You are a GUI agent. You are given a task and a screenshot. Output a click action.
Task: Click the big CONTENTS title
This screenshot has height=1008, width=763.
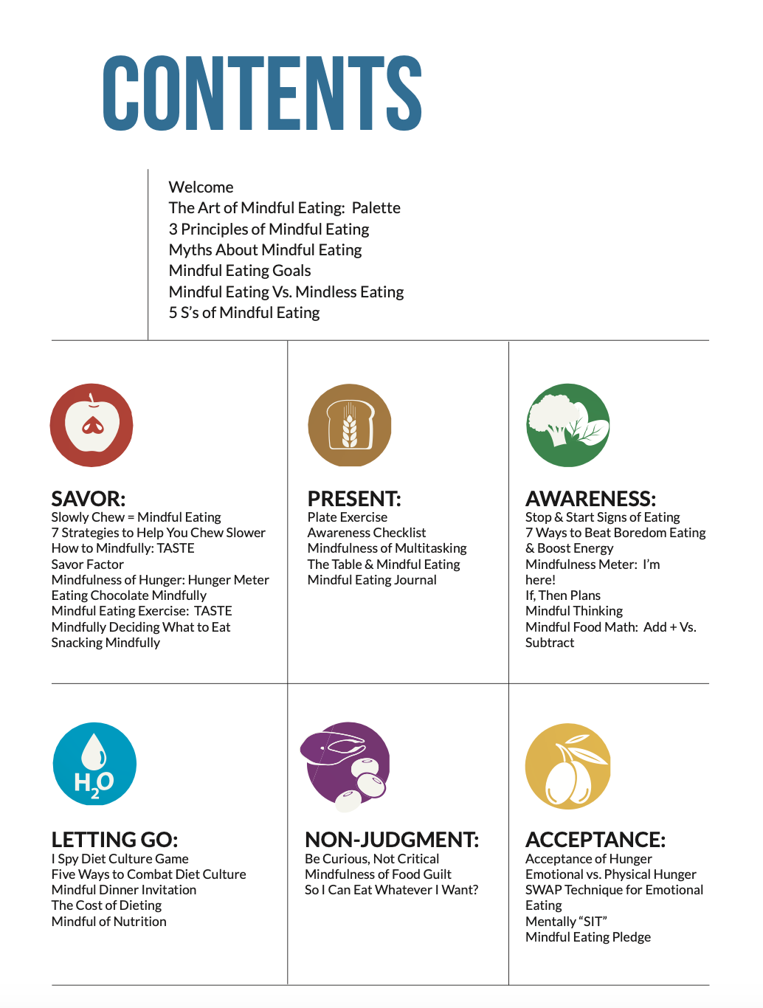pyautogui.click(x=262, y=94)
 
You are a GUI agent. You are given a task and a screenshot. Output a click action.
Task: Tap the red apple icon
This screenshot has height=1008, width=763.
pyautogui.click(x=92, y=425)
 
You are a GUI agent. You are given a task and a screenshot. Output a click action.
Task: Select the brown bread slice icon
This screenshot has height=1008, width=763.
pyautogui.click(x=349, y=425)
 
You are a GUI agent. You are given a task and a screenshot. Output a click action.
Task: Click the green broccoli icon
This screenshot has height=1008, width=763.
pyautogui.click(x=567, y=425)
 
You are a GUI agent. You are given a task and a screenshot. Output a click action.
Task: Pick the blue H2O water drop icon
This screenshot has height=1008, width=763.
pyautogui.click(x=94, y=764)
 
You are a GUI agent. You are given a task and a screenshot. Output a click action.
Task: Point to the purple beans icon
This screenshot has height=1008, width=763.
pyautogui.click(x=346, y=766)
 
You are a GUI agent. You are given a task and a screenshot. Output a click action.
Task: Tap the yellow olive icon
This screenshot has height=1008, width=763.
pyautogui.click(x=567, y=766)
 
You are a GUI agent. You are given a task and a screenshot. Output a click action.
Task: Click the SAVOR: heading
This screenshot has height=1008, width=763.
pyautogui.click(x=89, y=499)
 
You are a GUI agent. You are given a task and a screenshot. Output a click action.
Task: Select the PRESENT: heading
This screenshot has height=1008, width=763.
pyautogui.click(x=354, y=499)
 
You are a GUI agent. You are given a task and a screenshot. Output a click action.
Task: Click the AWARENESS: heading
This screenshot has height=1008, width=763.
pyautogui.click(x=590, y=499)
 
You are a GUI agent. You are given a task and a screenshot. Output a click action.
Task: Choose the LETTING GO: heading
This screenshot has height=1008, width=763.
pyautogui.click(x=114, y=840)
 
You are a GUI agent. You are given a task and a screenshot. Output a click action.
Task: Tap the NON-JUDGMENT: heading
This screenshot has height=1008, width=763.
pyautogui.click(x=392, y=840)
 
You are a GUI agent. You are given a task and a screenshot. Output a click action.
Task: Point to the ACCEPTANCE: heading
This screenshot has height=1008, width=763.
pyautogui.click(x=595, y=840)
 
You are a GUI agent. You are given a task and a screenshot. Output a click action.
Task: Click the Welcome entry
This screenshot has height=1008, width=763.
pyautogui.click(x=201, y=187)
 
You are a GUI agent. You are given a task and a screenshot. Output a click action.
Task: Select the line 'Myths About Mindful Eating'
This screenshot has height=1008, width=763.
pyautogui.click(x=265, y=250)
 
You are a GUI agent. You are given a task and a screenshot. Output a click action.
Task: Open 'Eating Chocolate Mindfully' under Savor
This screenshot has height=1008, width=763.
pyautogui.click(x=129, y=596)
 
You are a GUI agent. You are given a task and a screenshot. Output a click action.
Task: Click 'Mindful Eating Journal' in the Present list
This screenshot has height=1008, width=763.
pyautogui.click(x=372, y=580)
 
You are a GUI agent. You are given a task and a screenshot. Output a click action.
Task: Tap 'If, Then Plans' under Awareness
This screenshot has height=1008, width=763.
pyautogui.click(x=563, y=596)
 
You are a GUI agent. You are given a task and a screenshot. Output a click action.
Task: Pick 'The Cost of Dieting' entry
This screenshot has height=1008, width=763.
pyautogui.click(x=106, y=905)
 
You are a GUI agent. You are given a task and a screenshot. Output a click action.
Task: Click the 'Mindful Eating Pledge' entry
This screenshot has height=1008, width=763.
pyautogui.click(x=588, y=937)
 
